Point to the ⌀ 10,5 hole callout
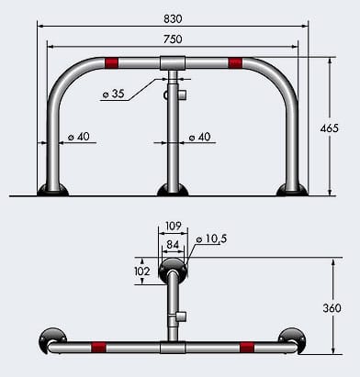(212, 239)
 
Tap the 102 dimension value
(141, 272)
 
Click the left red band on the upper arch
(111, 62)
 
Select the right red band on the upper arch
(235, 62)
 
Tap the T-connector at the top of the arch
(173, 63)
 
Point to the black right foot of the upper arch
(293, 190)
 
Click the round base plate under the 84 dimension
(172, 270)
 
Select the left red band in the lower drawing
(98, 348)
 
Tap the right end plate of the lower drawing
(294, 338)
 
